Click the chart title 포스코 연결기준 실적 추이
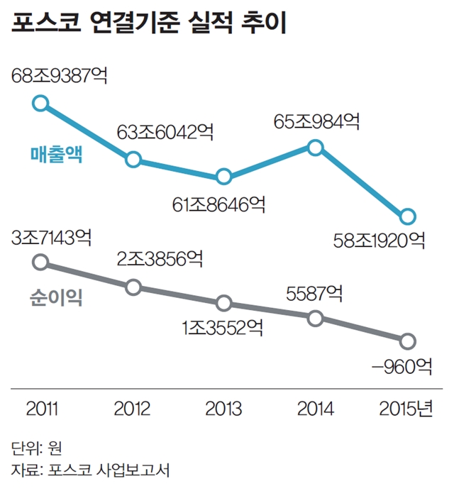[150, 25]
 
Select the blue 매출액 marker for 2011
[41, 103]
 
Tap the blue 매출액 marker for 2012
[133, 159]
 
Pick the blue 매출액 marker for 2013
[223, 177]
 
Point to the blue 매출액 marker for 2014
[316, 148]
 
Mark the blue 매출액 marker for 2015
[407, 216]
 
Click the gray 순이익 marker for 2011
[41, 263]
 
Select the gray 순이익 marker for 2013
[223, 303]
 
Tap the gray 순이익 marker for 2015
[407, 341]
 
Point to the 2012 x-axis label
[133, 409]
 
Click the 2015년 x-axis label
[406, 409]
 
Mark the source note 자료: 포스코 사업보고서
[90, 469]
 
